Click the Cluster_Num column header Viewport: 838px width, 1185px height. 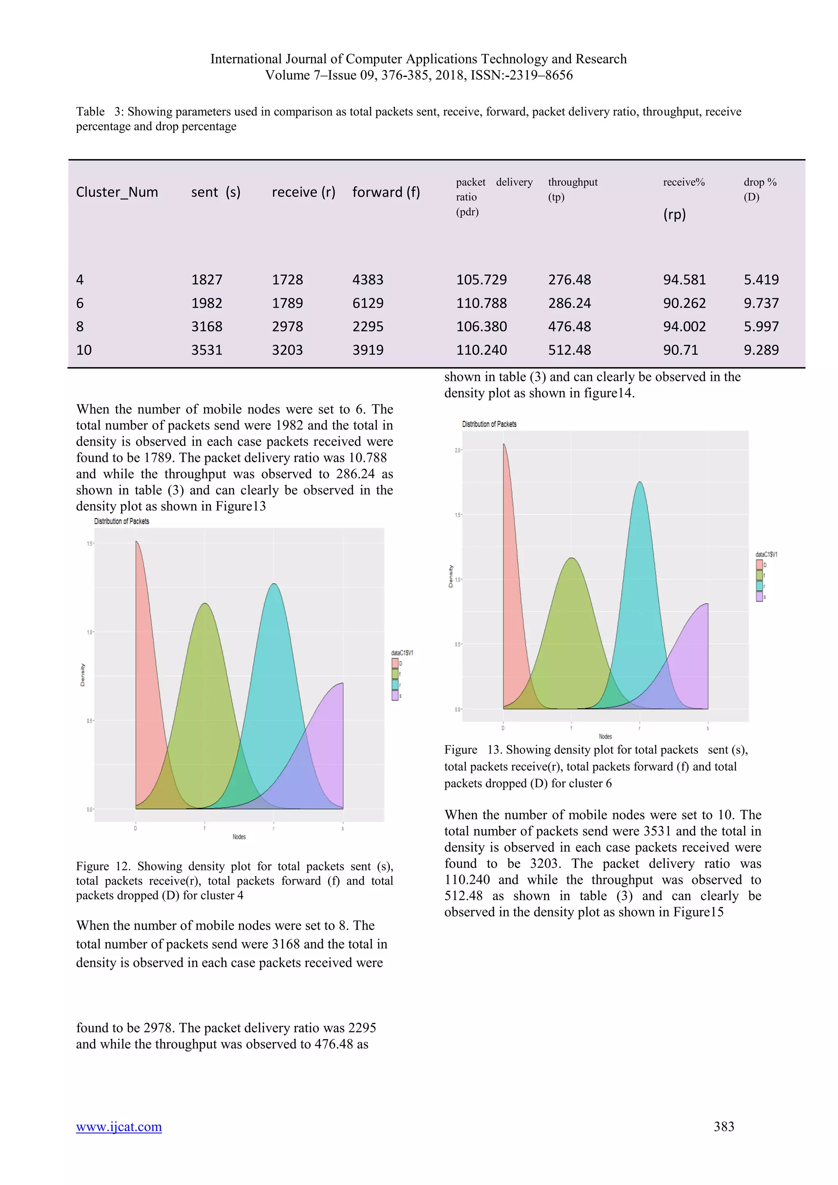tap(117, 192)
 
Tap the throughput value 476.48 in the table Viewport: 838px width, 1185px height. tap(569, 327)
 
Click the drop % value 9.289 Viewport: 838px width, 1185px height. tap(761, 350)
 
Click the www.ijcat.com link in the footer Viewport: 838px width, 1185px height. tap(119, 1126)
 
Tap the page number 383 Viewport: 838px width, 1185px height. tap(723, 1126)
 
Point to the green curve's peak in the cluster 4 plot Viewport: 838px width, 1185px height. tap(205, 603)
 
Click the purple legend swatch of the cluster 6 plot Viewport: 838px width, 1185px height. tap(759, 597)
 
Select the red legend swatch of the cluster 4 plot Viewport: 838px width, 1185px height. tap(395, 663)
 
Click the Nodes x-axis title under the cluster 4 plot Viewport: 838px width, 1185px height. tap(239, 837)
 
